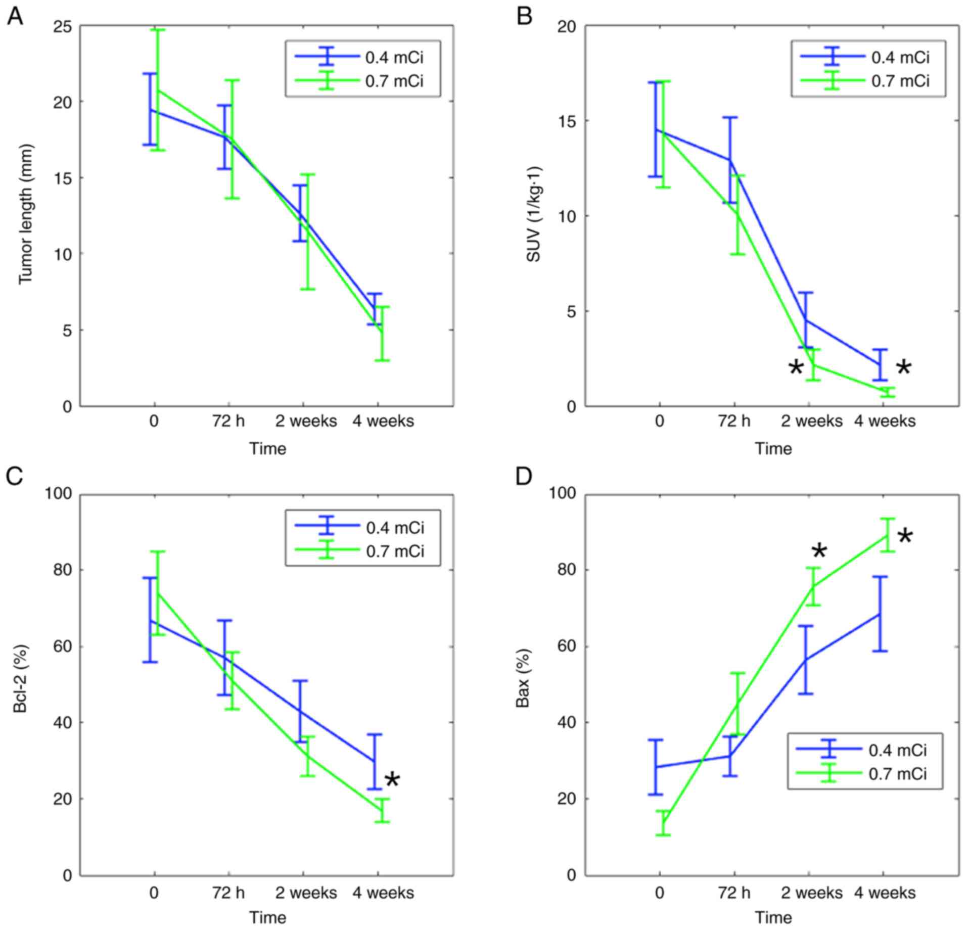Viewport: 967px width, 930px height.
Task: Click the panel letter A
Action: (14, 17)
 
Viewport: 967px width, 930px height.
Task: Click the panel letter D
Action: (524, 476)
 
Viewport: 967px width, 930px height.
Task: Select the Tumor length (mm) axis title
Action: (26, 214)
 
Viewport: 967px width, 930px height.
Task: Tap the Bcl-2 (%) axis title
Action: (20, 678)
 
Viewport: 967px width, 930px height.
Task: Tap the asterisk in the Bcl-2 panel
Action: (392, 780)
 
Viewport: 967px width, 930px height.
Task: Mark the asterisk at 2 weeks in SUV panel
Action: (796, 368)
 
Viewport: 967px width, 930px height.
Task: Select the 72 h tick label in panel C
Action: (228, 893)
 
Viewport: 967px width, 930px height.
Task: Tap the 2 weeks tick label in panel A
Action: (306, 421)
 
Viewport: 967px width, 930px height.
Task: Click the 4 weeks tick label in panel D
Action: (885, 893)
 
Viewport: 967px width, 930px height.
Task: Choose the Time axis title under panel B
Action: (773, 449)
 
